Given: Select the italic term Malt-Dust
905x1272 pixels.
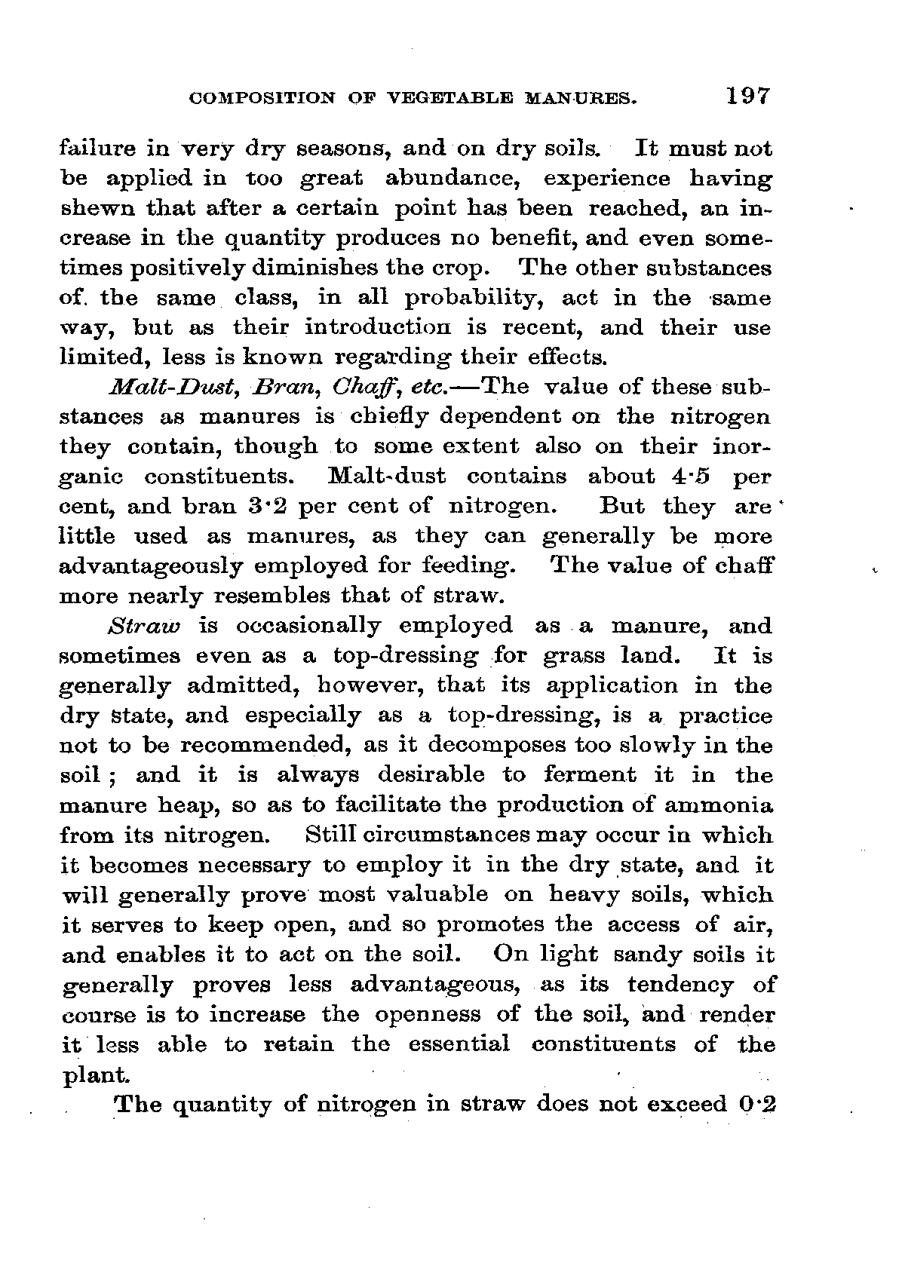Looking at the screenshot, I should coord(153,388).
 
